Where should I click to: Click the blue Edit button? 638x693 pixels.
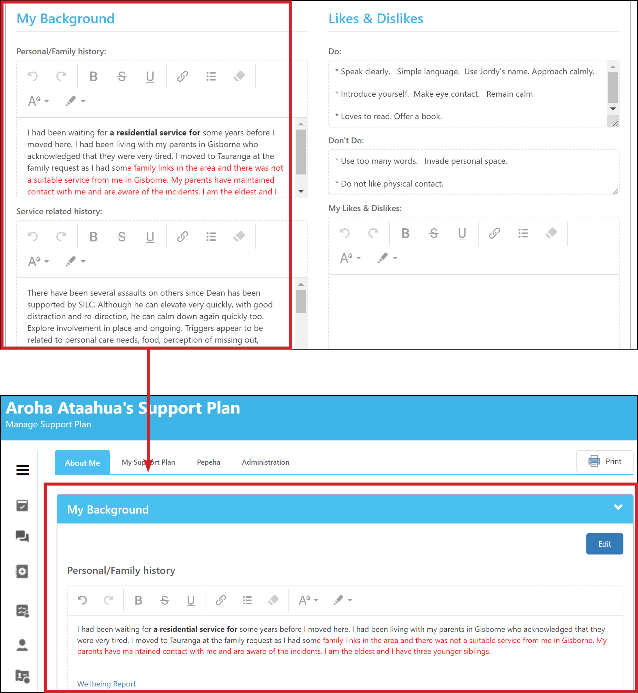pos(605,544)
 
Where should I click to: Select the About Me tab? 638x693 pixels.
pos(83,463)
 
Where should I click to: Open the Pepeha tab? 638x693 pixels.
pos(208,462)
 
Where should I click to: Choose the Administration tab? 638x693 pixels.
pos(266,462)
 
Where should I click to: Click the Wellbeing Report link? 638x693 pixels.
pos(106,684)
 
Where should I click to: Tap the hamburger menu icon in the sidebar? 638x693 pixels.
pos(23,470)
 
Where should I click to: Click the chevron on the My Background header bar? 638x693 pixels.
pos(618,507)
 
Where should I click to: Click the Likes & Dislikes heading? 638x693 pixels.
pos(376,19)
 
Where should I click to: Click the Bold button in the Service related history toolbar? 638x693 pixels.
pos(93,237)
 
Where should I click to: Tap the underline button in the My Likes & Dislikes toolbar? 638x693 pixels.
pos(462,234)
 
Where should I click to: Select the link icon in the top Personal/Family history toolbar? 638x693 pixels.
pos(182,76)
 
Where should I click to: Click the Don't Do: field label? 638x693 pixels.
pos(346,141)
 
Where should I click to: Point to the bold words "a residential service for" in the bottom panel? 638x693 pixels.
pos(195,629)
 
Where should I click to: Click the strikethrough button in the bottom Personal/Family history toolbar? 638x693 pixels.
pos(165,600)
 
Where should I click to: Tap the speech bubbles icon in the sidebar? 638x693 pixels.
pos(22,536)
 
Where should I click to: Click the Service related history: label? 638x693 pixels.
pos(59,211)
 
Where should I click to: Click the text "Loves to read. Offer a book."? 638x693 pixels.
pos(391,117)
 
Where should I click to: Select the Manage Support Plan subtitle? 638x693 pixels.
pos(48,424)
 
